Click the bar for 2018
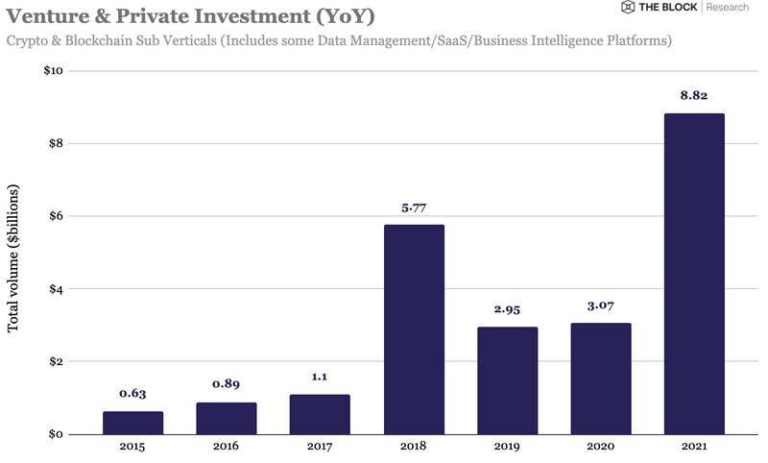414,329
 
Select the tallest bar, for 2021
694,274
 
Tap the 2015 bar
132,423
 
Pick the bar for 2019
507,380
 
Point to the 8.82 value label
694,95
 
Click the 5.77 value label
414,207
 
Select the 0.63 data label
132,393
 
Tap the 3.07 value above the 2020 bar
600,305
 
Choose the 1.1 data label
320,377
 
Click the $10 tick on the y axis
53,71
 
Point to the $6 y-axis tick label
56,216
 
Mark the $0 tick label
56,434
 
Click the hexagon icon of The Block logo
628,8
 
